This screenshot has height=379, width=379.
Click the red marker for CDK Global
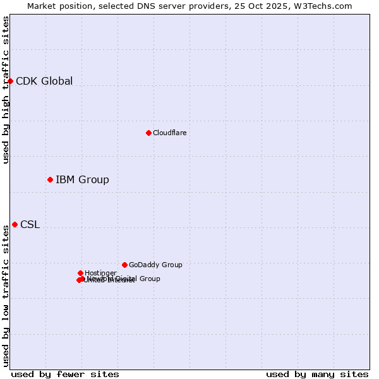(x=10, y=81)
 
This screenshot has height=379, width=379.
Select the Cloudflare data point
(x=148, y=133)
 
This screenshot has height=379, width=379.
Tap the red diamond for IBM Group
(x=50, y=179)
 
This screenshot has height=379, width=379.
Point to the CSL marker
(x=15, y=224)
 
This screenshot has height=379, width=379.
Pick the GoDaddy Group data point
(x=124, y=265)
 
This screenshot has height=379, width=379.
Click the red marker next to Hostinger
(x=80, y=273)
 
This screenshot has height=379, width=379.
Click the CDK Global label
(x=44, y=81)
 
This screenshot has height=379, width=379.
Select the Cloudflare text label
(x=169, y=133)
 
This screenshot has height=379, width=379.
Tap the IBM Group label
(x=82, y=180)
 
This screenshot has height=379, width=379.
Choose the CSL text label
(x=30, y=225)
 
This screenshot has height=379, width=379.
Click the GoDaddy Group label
(x=155, y=265)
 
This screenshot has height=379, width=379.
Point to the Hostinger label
(x=100, y=273)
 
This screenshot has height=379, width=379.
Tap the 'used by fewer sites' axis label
(x=65, y=374)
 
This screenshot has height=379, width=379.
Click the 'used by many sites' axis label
(x=317, y=374)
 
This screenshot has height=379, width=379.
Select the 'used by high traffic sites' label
(x=6, y=90)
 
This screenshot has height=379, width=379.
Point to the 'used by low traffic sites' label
(x=6, y=296)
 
